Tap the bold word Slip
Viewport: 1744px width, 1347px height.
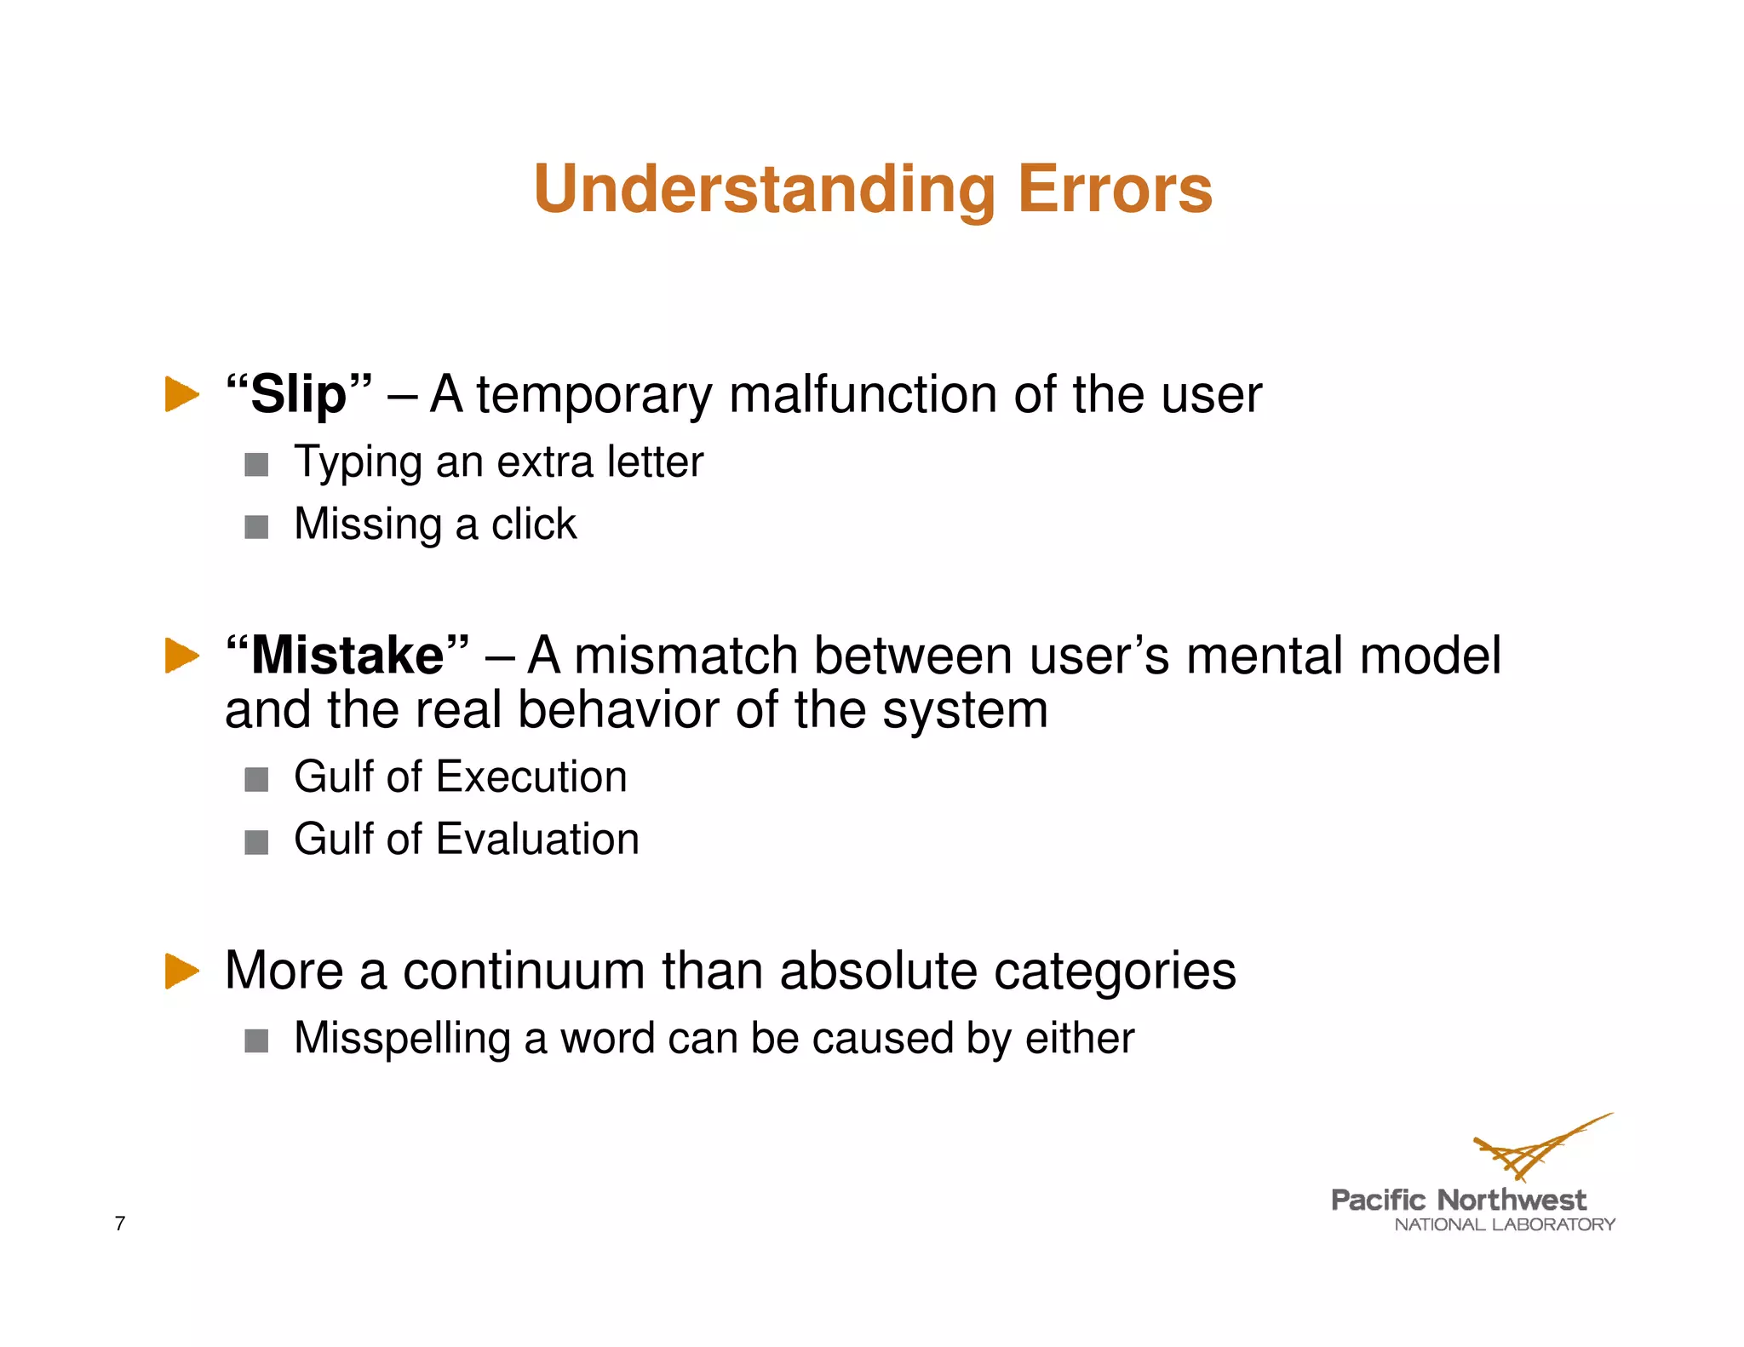pyautogui.click(x=298, y=395)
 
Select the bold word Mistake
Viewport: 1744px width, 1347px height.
pyautogui.click(x=347, y=656)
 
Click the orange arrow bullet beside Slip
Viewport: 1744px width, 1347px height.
pyautogui.click(x=181, y=394)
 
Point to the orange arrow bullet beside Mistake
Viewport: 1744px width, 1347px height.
pyautogui.click(x=181, y=656)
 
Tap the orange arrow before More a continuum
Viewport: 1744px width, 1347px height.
pyautogui.click(x=181, y=971)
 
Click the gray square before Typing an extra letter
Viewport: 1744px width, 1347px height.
pyautogui.click(x=256, y=465)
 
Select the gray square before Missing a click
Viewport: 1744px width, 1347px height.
pyautogui.click(x=256, y=527)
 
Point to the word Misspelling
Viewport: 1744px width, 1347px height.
pyautogui.click(x=402, y=1039)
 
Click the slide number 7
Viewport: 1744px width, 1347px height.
pyautogui.click(x=120, y=1224)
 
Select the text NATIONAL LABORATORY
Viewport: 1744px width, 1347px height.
pyautogui.click(x=1504, y=1224)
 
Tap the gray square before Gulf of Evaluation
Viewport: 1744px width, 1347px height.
pyautogui.click(x=256, y=842)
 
